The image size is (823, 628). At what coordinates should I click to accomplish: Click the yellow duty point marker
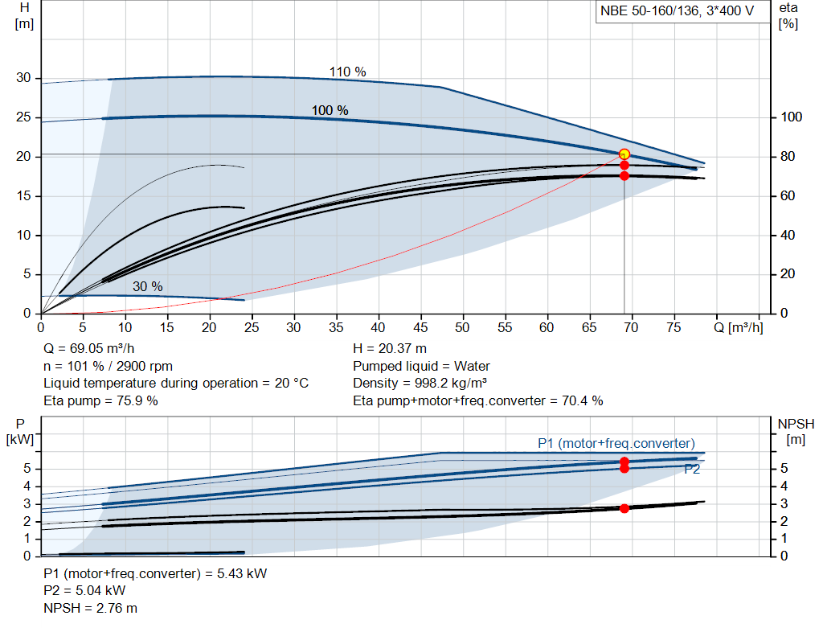(x=624, y=154)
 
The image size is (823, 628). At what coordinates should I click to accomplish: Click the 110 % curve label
(x=347, y=72)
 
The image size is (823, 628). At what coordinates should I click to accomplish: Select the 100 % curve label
(x=330, y=110)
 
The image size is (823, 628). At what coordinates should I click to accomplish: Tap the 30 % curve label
(x=147, y=287)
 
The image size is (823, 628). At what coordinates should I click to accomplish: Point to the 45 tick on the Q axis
(x=420, y=327)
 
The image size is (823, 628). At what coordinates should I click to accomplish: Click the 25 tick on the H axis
(x=23, y=117)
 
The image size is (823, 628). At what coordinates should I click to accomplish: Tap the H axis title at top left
(x=23, y=14)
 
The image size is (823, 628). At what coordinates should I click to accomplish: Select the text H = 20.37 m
(x=391, y=348)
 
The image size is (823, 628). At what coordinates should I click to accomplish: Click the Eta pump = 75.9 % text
(x=100, y=400)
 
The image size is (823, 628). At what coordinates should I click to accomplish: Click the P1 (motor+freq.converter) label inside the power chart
(x=616, y=443)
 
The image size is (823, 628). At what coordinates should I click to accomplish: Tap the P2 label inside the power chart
(x=691, y=470)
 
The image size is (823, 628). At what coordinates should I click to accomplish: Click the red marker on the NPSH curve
(x=624, y=508)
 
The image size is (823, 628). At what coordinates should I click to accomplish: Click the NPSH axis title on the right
(x=796, y=430)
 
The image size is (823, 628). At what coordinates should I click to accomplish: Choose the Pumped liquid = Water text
(x=421, y=366)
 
